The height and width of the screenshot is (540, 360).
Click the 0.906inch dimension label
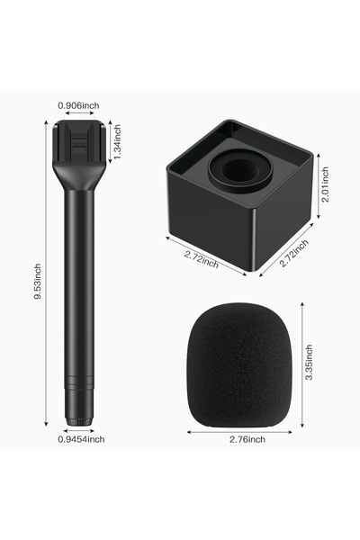tap(78, 105)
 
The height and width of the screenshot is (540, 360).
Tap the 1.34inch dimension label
tap(117, 142)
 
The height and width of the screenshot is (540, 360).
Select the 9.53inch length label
tap(38, 282)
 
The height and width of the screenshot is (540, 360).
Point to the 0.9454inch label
tap(81, 439)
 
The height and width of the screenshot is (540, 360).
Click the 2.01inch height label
tap(325, 184)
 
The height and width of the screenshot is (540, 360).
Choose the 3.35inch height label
tap(309, 362)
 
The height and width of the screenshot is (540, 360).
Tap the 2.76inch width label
tap(247, 439)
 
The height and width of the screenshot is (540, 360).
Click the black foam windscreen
tap(239, 365)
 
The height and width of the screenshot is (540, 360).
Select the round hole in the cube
tap(240, 170)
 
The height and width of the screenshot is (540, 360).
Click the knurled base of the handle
tap(79, 407)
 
